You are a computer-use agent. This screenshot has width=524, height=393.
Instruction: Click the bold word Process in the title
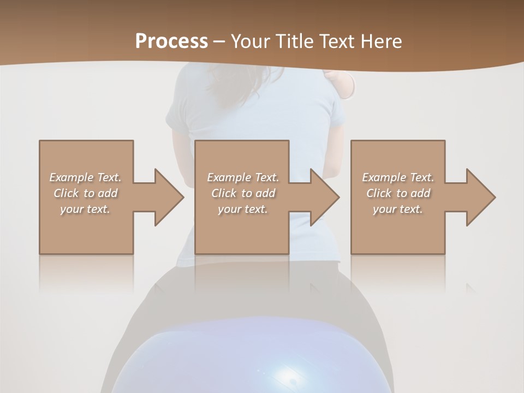[171, 41]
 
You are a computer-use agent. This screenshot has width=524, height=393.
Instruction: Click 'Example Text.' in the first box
[85, 177]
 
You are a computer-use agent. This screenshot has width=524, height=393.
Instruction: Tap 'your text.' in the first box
[85, 209]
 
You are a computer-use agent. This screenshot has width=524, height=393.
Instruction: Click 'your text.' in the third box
[398, 209]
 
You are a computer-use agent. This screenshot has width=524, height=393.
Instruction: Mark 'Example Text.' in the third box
[398, 177]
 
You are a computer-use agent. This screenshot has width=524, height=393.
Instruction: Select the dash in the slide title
[219, 41]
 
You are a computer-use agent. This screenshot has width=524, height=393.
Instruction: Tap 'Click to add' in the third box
[398, 193]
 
